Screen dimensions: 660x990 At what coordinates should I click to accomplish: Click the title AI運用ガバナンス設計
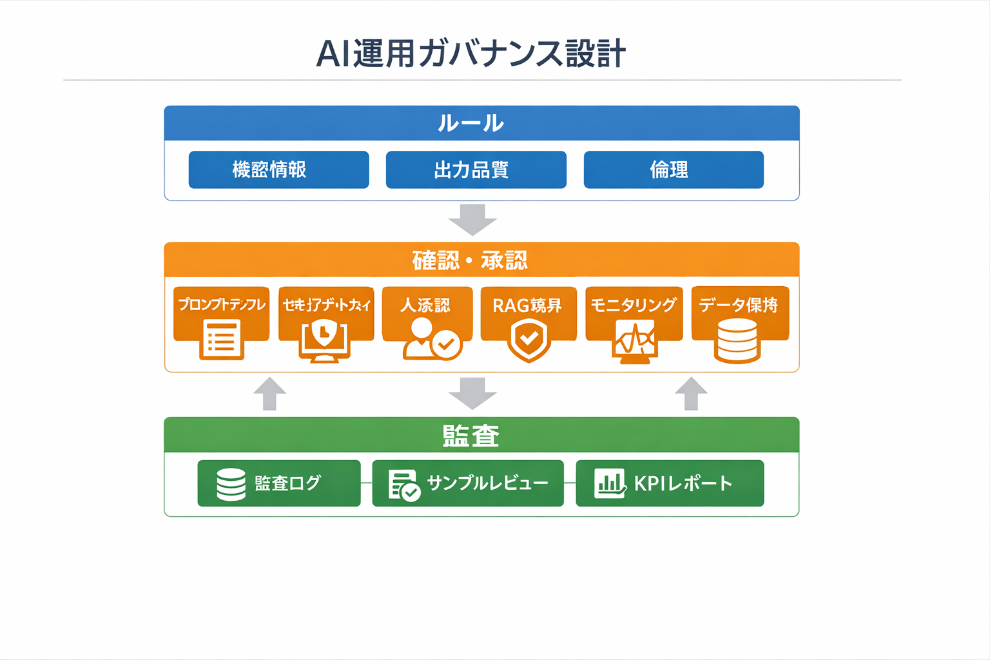[x=471, y=53]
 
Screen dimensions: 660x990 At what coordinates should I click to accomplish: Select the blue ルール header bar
[x=481, y=123]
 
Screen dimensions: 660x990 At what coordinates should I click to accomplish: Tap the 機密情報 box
[x=278, y=170]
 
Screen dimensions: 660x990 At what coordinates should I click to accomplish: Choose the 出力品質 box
[x=476, y=170]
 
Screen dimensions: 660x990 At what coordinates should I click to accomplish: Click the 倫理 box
[x=674, y=170]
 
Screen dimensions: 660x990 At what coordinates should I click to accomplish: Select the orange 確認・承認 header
[x=481, y=260]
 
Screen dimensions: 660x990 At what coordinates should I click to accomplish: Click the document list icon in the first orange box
[x=221, y=339]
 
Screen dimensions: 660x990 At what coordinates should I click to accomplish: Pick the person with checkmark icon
[x=431, y=340]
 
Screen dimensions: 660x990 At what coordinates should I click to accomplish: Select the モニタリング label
[x=633, y=305]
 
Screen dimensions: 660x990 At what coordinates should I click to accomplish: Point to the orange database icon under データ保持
[x=737, y=341]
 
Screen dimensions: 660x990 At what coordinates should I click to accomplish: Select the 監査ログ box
[x=278, y=483]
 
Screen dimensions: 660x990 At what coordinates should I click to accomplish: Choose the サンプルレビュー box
[x=468, y=483]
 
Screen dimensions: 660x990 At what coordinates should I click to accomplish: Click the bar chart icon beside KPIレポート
[x=609, y=483]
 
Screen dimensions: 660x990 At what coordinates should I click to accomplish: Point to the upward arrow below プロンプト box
[x=269, y=394]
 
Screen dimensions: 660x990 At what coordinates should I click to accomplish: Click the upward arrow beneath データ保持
[x=691, y=394]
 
